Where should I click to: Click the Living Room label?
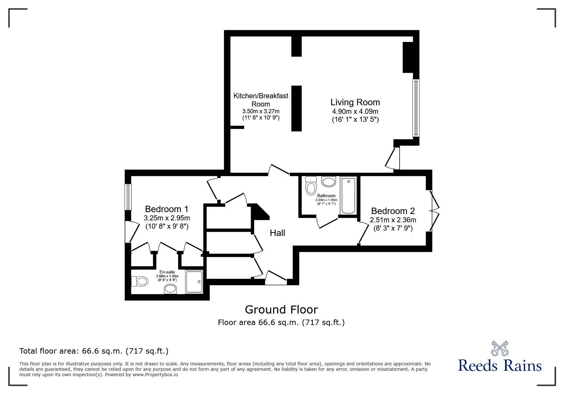coord(355,102)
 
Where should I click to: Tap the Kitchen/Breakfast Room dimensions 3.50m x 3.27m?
coord(261,111)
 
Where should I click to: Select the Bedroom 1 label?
coord(167,209)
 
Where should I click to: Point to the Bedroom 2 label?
coord(393,211)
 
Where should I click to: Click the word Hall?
coord(277,233)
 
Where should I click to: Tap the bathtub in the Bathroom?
coord(348,196)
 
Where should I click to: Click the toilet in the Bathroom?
coord(311,186)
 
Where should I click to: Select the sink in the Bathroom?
coord(328,182)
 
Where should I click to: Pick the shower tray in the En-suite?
coord(194,282)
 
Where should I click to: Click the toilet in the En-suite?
coord(140,281)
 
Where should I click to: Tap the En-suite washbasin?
coord(170,289)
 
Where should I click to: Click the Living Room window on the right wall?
coord(416,108)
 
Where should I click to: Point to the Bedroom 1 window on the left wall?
coord(128,197)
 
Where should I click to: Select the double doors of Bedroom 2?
coord(435,211)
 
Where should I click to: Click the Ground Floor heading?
coord(281,309)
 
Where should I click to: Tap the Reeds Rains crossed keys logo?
coord(500,349)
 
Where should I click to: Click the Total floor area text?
coord(94,351)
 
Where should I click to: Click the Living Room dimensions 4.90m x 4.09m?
coord(355,112)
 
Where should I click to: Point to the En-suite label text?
coord(167,272)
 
